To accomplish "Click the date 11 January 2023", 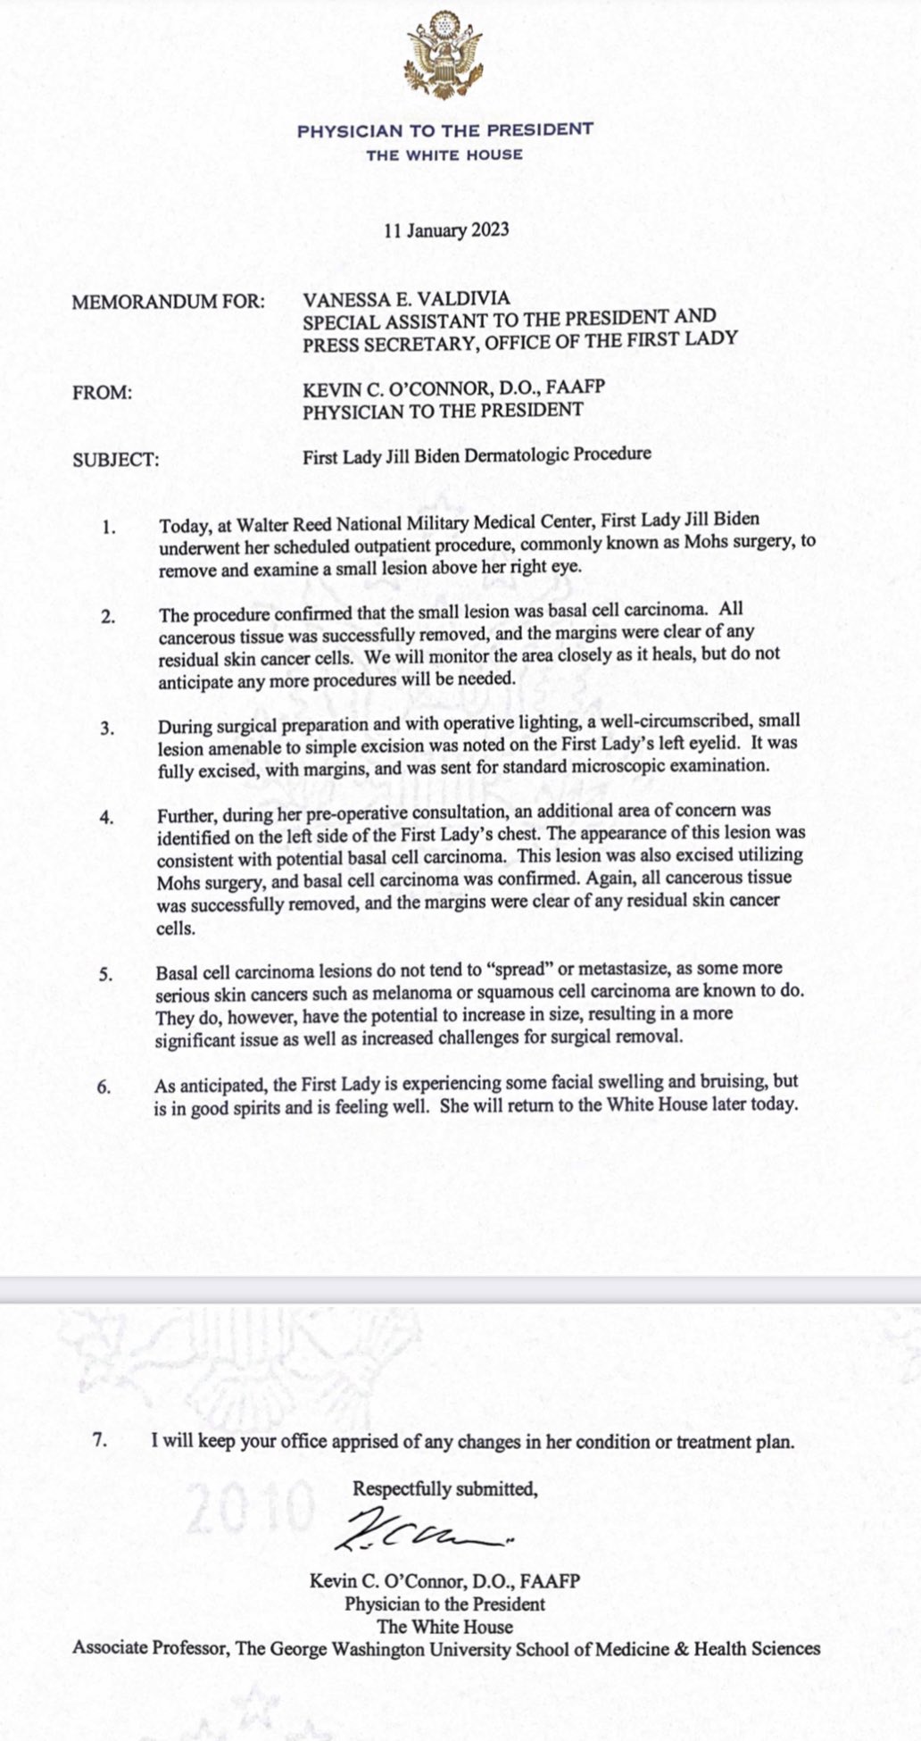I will pyautogui.click(x=446, y=230).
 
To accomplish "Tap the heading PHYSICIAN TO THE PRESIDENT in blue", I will pyautogui.click(x=444, y=130).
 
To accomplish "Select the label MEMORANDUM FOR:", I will pyautogui.click(x=169, y=302).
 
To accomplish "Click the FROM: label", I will pyautogui.click(x=102, y=392).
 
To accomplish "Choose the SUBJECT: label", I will pyautogui.click(x=116, y=461).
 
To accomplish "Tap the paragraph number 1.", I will pyautogui.click(x=109, y=527).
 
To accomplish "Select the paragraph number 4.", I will pyautogui.click(x=107, y=817).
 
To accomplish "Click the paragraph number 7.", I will pyautogui.click(x=101, y=1439).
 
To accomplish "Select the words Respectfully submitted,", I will pyautogui.click(x=445, y=1488).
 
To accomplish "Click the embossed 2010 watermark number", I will pyautogui.click(x=251, y=1506).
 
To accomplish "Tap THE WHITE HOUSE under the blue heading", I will pyautogui.click(x=444, y=154).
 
